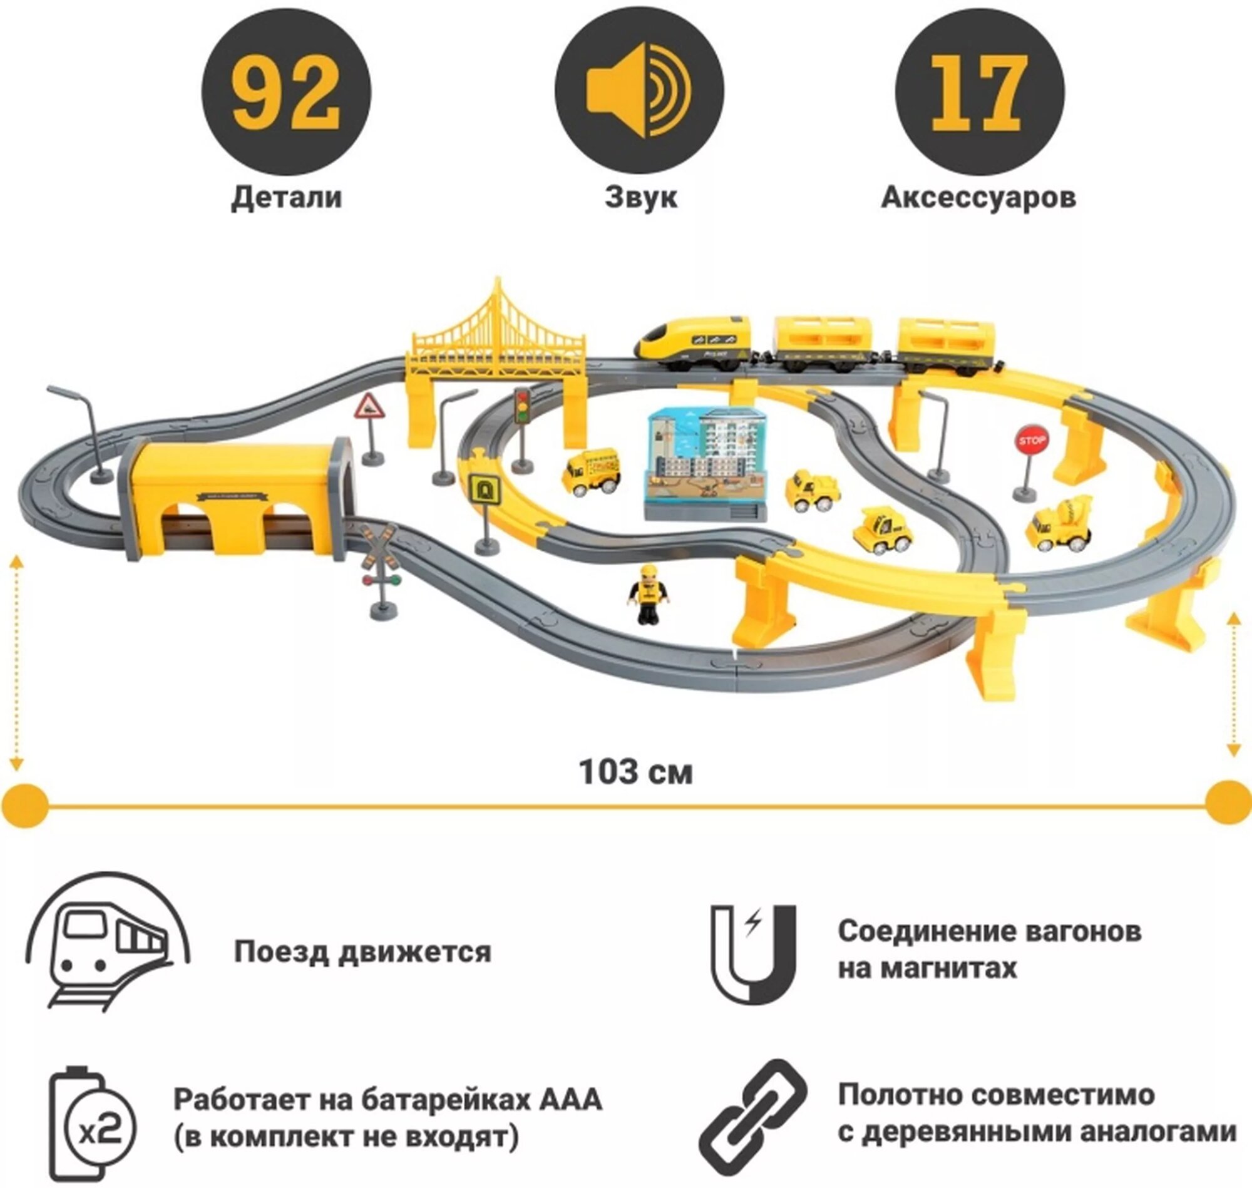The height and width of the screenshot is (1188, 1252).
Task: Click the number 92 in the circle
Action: [286, 94]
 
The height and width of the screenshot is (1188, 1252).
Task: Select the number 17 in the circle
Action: [980, 94]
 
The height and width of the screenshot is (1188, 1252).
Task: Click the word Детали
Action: [286, 197]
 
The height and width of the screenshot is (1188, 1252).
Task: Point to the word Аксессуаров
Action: [978, 198]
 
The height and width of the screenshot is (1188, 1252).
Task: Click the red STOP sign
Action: [1031, 440]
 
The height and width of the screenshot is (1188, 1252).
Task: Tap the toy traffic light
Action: [522, 406]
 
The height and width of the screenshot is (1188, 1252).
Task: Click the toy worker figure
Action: [647, 595]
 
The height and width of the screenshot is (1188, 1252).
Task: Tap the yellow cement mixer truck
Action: [1060, 526]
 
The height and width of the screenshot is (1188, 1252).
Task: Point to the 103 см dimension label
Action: [636, 772]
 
